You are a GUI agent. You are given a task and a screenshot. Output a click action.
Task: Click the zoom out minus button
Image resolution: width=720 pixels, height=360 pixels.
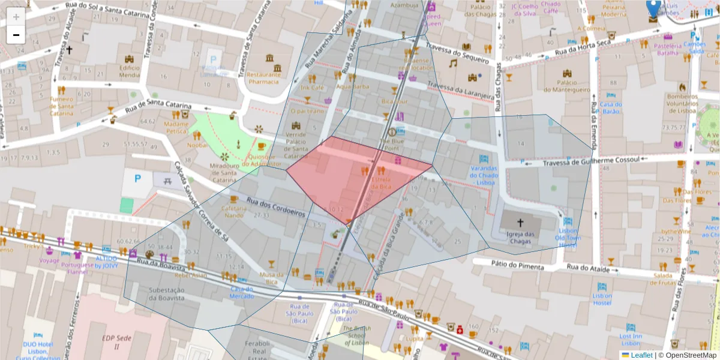[16, 35]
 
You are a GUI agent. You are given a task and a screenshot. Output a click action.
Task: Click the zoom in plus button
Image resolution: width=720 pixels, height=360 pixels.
[16, 16]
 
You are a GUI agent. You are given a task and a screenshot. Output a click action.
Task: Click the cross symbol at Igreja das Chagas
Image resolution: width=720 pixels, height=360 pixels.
[520, 222]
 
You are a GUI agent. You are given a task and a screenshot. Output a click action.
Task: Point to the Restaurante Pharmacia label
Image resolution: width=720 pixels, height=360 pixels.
[263, 78]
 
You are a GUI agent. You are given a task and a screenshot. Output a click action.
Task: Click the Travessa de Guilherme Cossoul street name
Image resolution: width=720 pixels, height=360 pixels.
[592, 161]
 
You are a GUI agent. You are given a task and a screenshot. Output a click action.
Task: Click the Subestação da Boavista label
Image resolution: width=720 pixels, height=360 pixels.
[167, 294]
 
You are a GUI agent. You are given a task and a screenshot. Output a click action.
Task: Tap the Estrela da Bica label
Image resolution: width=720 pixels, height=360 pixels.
[381, 182]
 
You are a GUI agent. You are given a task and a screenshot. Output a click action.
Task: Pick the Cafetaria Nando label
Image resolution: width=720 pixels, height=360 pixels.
[234, 212]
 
